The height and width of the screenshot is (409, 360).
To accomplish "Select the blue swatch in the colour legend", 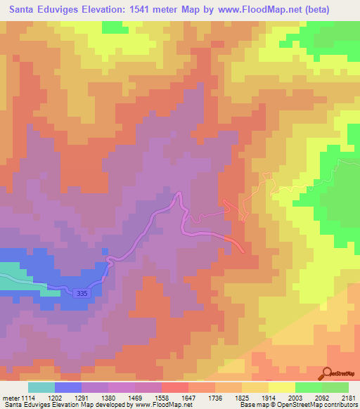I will point(67,387).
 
